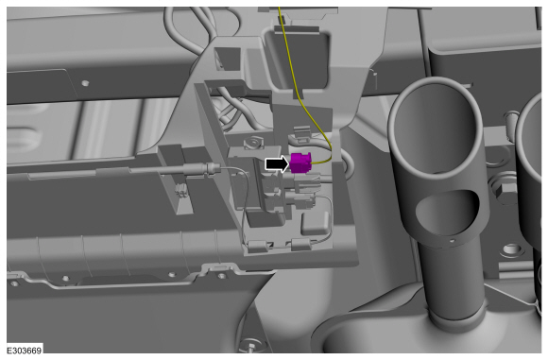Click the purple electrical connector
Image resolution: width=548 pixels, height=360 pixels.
point(300,163)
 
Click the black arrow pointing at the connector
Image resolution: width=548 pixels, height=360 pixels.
point(278,163)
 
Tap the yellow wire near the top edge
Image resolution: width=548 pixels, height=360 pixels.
point(282,21)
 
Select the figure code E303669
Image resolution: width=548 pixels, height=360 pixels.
point(25,351)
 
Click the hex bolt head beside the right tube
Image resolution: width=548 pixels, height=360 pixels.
point(503,192)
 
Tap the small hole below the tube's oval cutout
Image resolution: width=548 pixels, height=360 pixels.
point(452,240)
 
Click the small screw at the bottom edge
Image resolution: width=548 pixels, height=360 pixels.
point(250,345)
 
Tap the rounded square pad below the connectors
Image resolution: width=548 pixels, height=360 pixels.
point(315,223)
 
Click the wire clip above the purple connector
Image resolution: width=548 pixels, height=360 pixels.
point(300,135)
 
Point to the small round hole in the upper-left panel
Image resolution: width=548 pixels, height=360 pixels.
point(85,83)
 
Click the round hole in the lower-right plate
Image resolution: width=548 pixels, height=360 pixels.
point(511,249)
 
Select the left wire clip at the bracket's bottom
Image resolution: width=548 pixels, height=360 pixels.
point(258,246)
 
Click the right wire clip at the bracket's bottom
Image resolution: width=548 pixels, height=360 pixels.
point(300,244)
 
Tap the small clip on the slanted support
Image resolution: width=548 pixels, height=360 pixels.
point(181,191)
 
